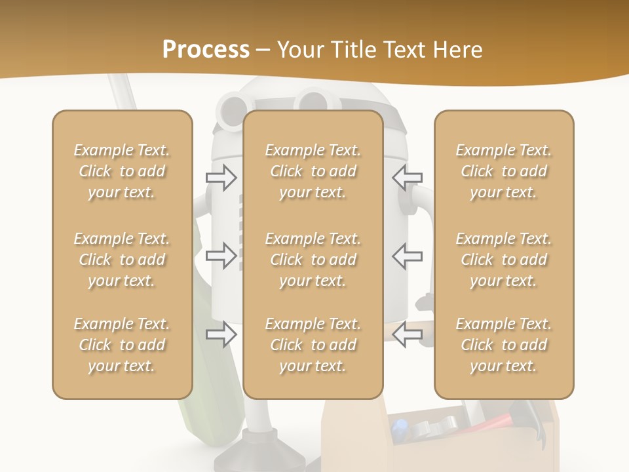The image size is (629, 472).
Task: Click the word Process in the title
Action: (206, 49)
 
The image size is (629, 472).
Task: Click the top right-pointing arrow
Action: (221, 178)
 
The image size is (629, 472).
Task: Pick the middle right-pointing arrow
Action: (221, 256)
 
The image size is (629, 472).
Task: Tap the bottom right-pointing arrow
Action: (221, 334)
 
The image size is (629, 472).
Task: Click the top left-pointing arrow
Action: (407, 178)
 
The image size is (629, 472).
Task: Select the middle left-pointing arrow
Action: (407, 256)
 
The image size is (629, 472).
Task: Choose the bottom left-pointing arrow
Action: (407, 334)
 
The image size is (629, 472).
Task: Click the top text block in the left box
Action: (122, 171)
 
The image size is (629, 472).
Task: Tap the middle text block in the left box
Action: (122, 260)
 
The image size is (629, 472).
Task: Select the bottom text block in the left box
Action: (122, 345)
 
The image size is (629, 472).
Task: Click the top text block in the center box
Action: (313, 171)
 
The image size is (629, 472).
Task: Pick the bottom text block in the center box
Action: (313, 345)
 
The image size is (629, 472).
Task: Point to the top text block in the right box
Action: (504, 171)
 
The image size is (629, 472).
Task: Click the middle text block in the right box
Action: (504, 260)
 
